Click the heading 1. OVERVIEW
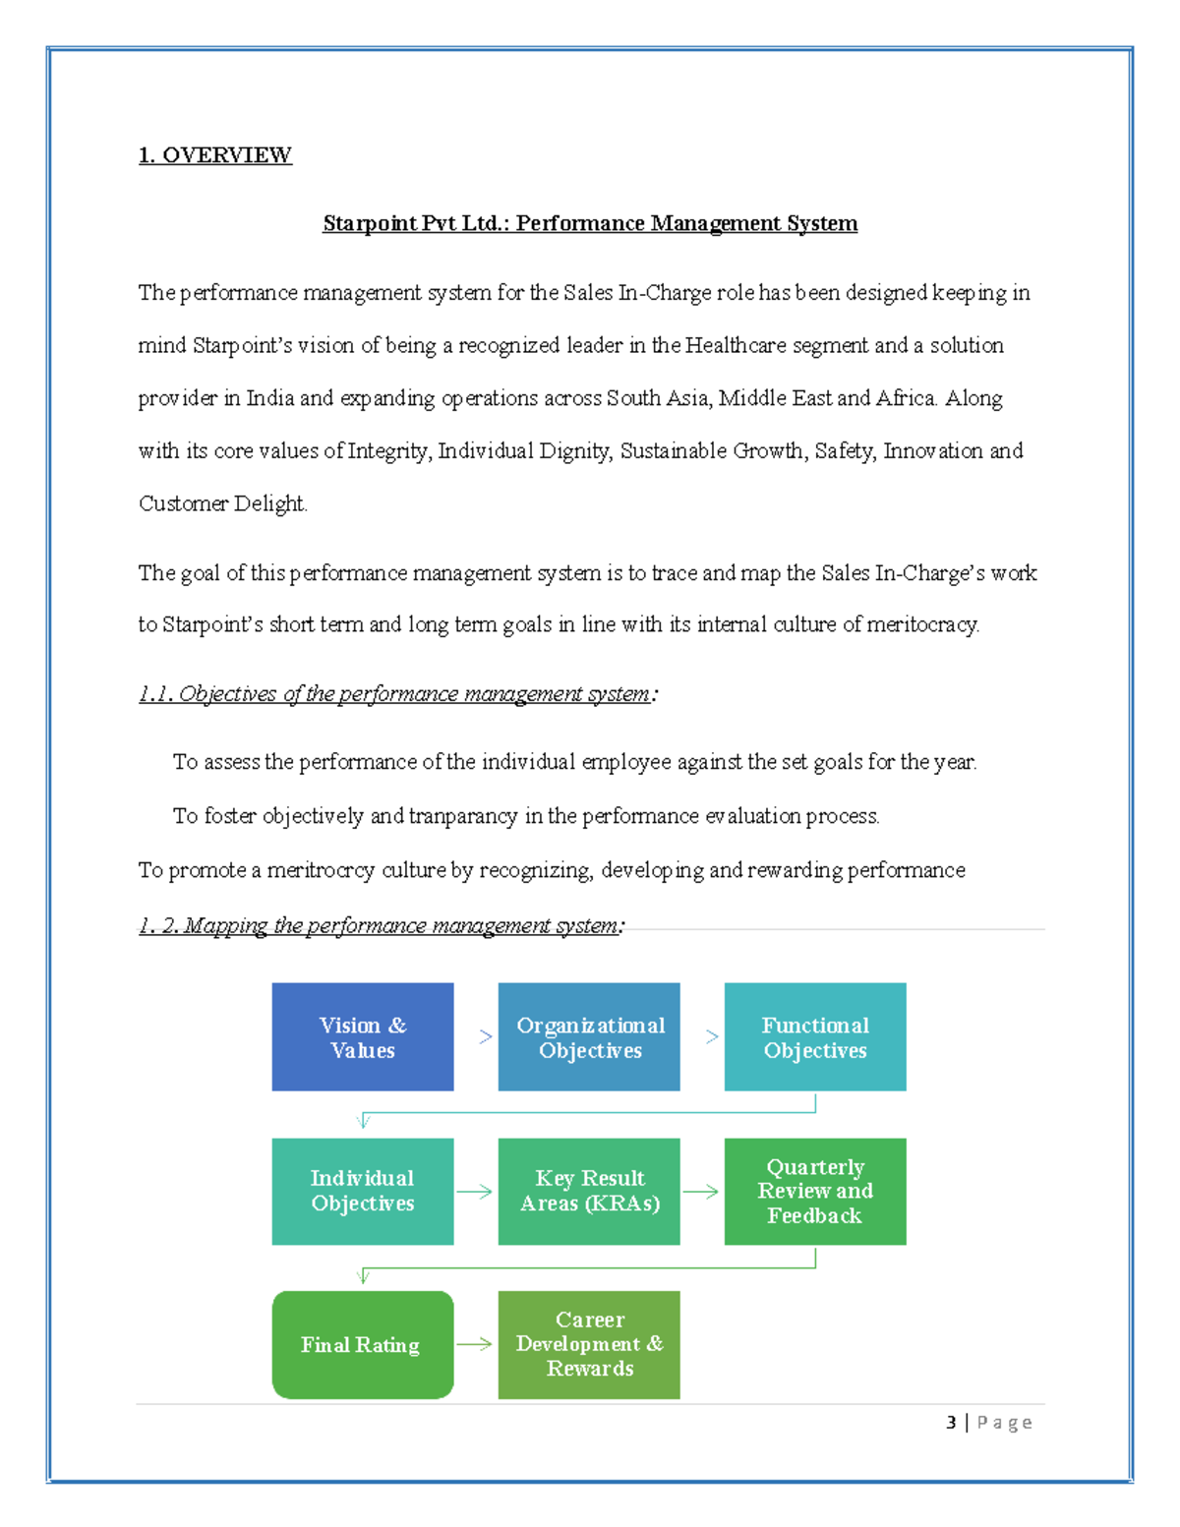coord(214,155)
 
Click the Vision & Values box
coord(362,1036)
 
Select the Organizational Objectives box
coord(588,1036)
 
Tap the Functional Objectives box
coord(814,1036)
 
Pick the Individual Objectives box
coord(362,1191)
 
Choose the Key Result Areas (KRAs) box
coord(588,1191)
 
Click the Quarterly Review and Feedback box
coord(814,1191)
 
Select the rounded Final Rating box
coord(362,1344)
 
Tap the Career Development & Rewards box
coord(588,1344)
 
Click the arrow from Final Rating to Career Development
coord(475,1344)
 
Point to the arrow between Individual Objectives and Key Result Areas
coord(475,1192)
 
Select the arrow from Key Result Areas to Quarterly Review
coord(701,1192)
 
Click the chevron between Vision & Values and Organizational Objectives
coord(485,1036)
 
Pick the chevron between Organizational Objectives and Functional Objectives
coord(711,1036)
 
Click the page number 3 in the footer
coord(951,1422)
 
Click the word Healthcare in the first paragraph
coord(736,345)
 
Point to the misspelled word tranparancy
coord(462,816)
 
